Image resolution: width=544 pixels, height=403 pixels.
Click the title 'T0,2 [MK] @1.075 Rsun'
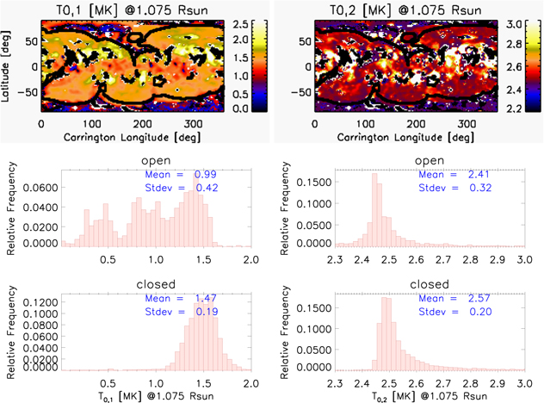400,8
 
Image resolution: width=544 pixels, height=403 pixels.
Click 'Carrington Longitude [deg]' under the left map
129,136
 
